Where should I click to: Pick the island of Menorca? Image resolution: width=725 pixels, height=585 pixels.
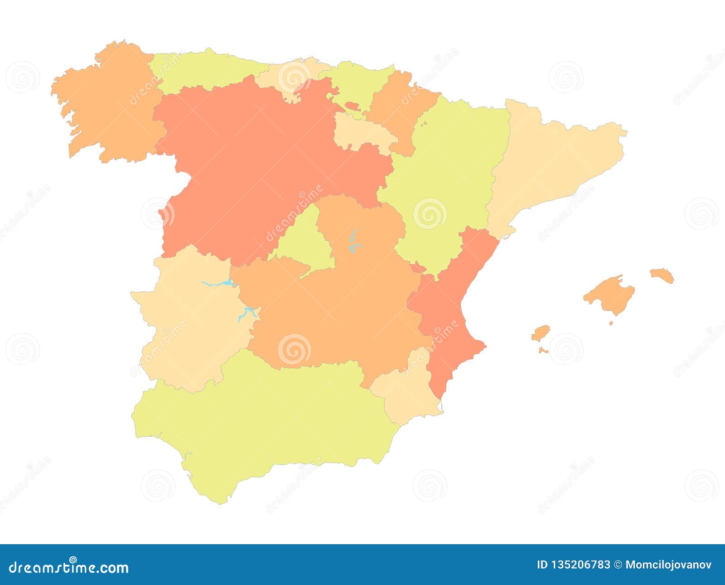click(662, 275)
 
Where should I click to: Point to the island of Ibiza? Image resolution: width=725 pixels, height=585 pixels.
click(540, 333)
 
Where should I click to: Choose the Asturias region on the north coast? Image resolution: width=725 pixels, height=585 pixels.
click(204, 70)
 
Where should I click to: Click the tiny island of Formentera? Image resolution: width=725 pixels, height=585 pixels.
click(543, 350)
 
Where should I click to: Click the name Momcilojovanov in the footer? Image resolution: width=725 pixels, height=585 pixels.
click(668, 565)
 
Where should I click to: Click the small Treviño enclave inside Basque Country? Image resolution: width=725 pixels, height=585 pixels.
click(352, 106)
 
